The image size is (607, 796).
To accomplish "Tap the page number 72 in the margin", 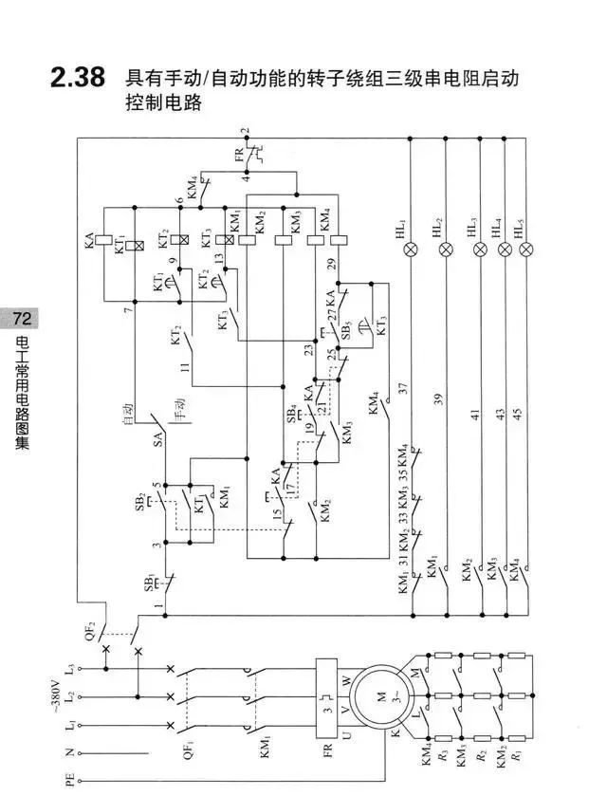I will (21, 317).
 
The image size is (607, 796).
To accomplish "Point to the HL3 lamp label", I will (471, 226).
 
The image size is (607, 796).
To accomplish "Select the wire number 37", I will (402, 389).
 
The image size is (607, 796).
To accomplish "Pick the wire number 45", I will (517, 414).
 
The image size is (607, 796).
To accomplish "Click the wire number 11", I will (185, 365).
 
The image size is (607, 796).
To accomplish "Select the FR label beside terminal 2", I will (238, 153).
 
